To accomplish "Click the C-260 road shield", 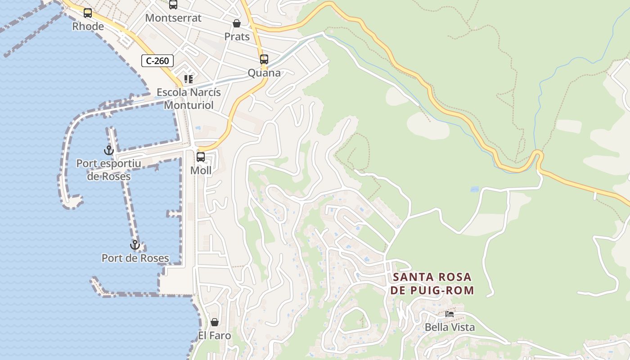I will pyautogui.click(x=157, y=60).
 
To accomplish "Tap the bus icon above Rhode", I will pyautogui.click(x=88, y=13).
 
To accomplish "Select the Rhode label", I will pyautogui.click(x=88, y=27).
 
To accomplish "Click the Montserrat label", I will pyautogui.click(x=173, y=18).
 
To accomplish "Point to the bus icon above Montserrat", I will pyautogui.click(x=173, y=4).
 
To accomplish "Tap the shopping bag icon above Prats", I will pyautogui.click(x=237, y=23).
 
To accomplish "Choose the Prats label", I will pyautogui.click(x=237, y=37).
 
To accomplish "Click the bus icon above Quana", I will pyautogui.click(x=264, y=59).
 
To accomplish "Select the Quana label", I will pyautogui.click(x=264, y=73).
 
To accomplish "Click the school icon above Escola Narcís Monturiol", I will pyautogui.click(x=189, y=79).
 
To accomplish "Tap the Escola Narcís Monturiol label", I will pyautogui.click(x=189, y=99).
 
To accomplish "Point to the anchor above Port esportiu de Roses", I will pyautogui.click(x=108, y=150).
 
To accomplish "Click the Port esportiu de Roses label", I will pyautogui.click(x=108, y=170).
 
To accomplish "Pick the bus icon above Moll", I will pyautogui.click(x=201, y=157).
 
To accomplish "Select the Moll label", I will pyautogui.click(x=201, y=171).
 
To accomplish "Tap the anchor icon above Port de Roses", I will pyautogui.click(x=135, y=245).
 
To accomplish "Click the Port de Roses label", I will pyautogui.click(x=135, y=258).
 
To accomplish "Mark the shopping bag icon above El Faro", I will pyautogui.click(x=215, y=322).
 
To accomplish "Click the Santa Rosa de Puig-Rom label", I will pyautogui.click(x=432, y=283).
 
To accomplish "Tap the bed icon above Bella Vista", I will pyautogui.click(x=450, y=314).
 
